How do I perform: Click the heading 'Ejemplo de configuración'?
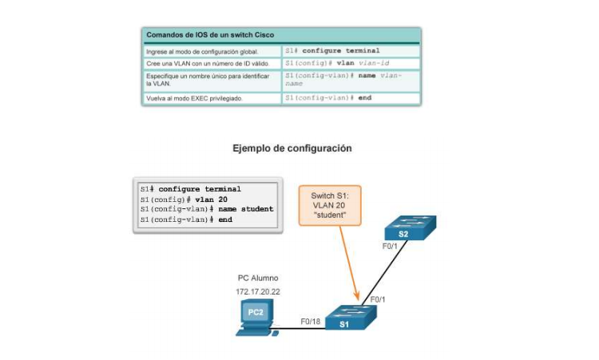[x=292, y=148]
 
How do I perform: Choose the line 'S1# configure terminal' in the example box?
[x=190, y=189]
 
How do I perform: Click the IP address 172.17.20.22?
[x=258, y=292]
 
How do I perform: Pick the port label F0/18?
[x=311, y=321]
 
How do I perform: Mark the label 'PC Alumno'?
[x=258, y=279]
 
